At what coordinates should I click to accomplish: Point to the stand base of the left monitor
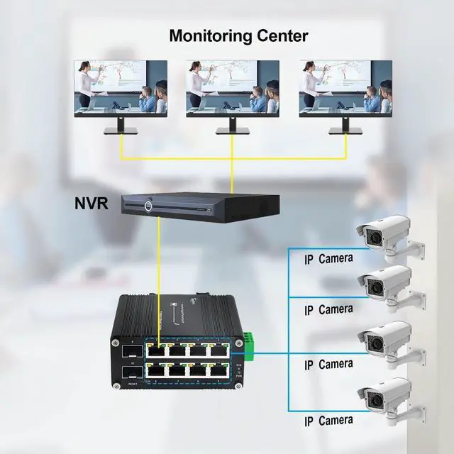121,132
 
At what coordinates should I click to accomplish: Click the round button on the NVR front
149,207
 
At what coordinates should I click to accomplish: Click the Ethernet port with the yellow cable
157,350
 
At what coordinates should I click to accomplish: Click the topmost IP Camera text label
328,259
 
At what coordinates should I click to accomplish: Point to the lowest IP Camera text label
328,421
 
